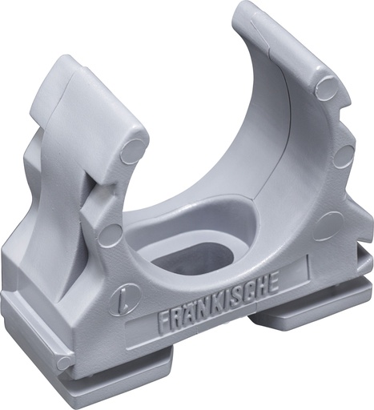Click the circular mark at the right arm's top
(327, 86)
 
